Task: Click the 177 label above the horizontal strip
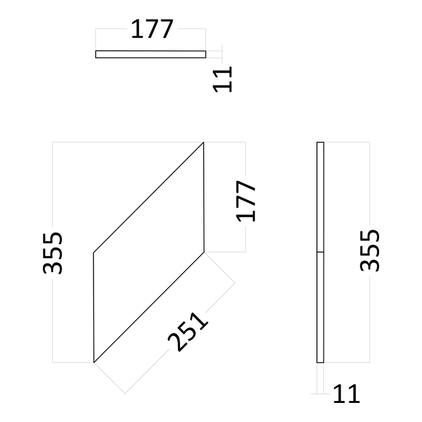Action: (x=152, y=29)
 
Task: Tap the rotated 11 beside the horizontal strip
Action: (x=222, y=79)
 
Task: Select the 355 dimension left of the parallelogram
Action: (x=53, y=253)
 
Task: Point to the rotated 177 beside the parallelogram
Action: (x=246, y=201)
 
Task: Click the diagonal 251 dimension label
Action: (x=188, y=332)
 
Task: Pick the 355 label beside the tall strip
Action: (x=369, y=250)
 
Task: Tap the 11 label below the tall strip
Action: (x=346, y=394)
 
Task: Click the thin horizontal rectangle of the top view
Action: (x=151, y=54)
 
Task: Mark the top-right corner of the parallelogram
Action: (x=203, y=142)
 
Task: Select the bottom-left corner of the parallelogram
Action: (x=94, y=363)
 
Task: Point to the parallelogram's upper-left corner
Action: (x=93, y=253)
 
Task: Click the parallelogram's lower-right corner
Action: (x=204, y=252)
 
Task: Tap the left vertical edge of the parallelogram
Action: (x=94, y=307)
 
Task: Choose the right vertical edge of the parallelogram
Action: (x=204, y=197)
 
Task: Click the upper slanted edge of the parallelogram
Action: (x=148, y=198)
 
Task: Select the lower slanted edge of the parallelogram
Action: (x=149, y=307)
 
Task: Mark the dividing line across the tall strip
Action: (x=320, y=252)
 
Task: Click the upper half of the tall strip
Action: (x=320, y=197)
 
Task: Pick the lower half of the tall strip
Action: (x=320, y=307)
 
